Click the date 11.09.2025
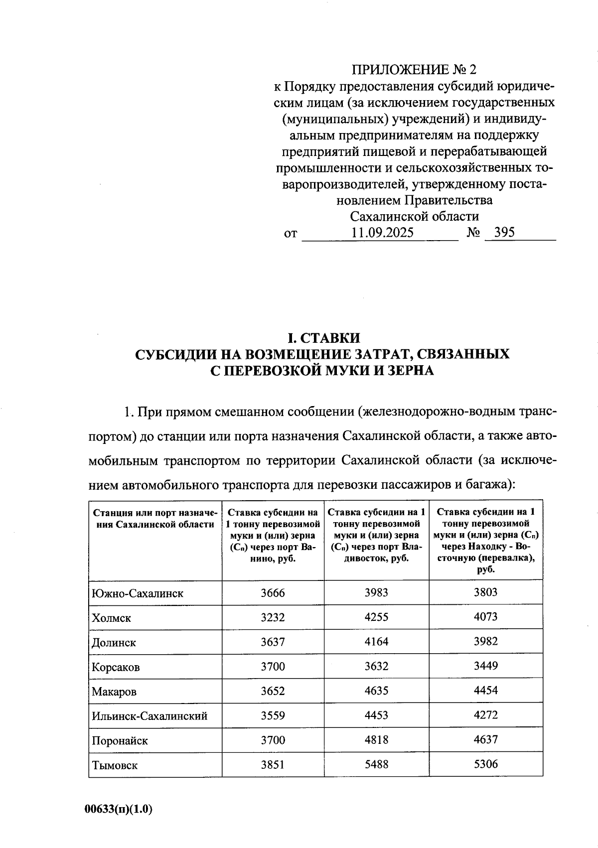coord(382,233)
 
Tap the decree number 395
coord(504,232)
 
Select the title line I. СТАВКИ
coord(322,337)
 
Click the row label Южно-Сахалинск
coord(138,593)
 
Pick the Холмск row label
coord(112,618)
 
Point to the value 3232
coord(273,617)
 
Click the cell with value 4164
coord(376,641)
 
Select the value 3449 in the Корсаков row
coord(485,666)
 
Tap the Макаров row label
coord(114,692)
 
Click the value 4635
coord(376,691)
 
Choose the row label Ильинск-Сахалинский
coord(149,716)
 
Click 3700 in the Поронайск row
coord(273,740)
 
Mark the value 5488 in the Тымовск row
coord(376,764)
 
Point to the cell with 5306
coord(485,764)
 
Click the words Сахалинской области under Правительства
coord(414,216)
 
